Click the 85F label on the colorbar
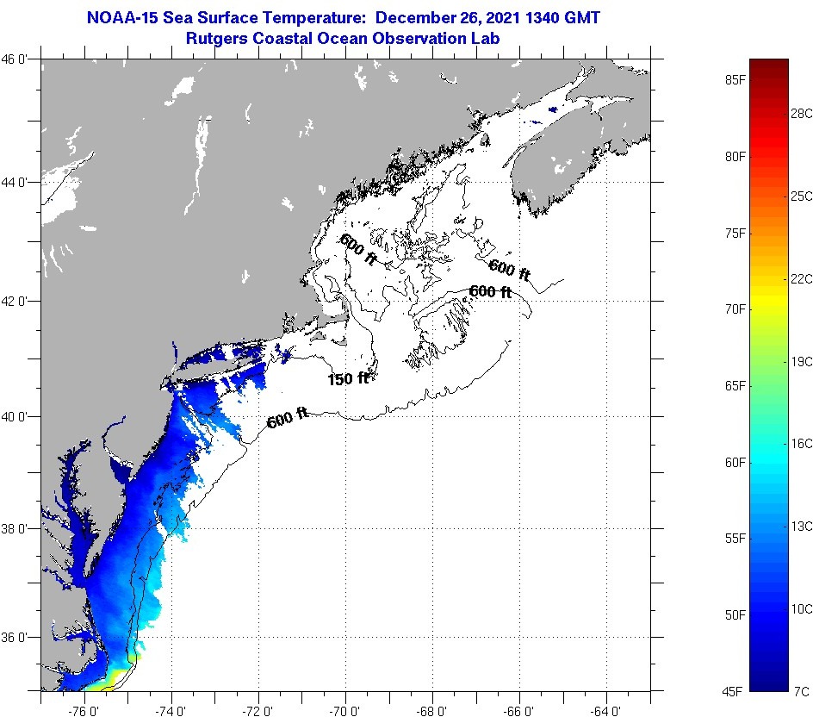pyautogui.click(x=735, y=80)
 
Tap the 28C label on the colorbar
pyautogui.click(x=802, y=113)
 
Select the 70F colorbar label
pyautogui.click(x=735, y=309)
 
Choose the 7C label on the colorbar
pyautogui.click(x=800, y=690)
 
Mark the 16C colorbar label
pyautogui.click(x=802, y=443)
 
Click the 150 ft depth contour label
pyautogui.click(x=348, y=378)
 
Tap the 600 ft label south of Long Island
pyautogui.click(x=288, y=420)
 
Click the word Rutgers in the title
pyautogui.click(x=214, y=38)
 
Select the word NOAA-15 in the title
pyautogui.click(x=119, y=17)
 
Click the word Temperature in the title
pyautogui.click(x=318, y=17)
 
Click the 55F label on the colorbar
pyautogui.click(x=735, y=539)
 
